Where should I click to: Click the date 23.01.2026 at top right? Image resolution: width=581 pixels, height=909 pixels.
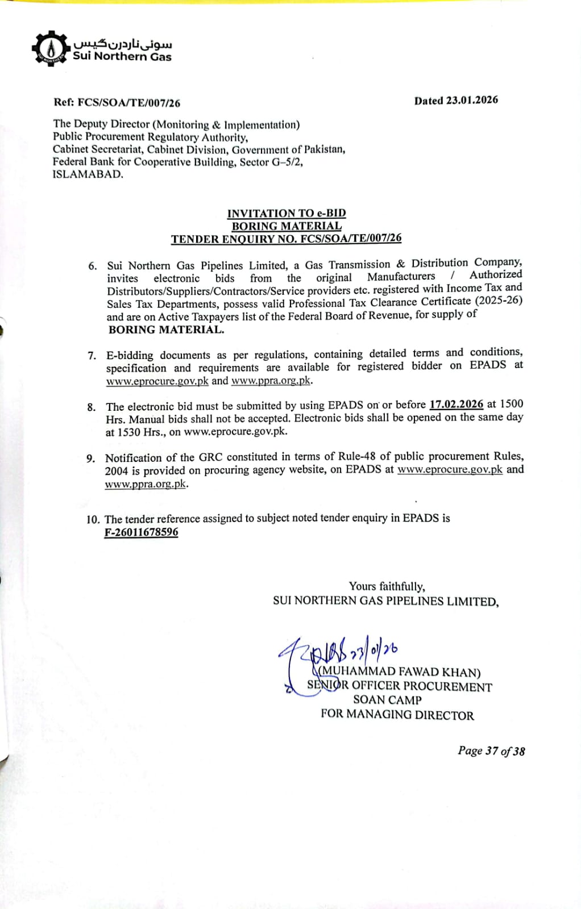[x=472, y=100]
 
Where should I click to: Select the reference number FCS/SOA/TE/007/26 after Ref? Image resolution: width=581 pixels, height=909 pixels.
[x=129, y=103]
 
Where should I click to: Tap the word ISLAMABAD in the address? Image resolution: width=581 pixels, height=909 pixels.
[x=88, y=174]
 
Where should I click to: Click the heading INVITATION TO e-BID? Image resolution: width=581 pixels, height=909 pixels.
[x=287, y=213]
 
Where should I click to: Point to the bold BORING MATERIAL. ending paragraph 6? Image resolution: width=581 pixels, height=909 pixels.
[x=166, y=330]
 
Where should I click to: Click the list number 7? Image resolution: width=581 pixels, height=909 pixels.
[x=92, y=356]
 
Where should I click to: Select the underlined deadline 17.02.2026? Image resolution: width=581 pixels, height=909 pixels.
[x=456, y=404]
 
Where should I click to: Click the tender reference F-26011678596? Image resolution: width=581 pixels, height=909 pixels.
[x=141, y=532]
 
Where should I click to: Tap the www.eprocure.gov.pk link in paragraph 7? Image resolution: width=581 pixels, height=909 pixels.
[x=157, y=381]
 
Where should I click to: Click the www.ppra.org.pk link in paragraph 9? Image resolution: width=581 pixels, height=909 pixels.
[x=146, y=484]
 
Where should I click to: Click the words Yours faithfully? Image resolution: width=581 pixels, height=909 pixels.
[x=387, y=586]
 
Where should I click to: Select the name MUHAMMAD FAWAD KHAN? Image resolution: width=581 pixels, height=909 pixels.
[x=401, y=672]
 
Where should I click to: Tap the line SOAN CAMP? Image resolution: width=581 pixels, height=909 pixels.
[x=387, y=700]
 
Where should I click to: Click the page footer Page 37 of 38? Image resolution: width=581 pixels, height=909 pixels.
[x=491, y=750]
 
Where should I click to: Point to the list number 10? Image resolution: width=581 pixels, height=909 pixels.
[x=93, y=519]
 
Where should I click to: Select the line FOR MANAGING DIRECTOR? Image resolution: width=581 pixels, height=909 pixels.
[x=397, y=715]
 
